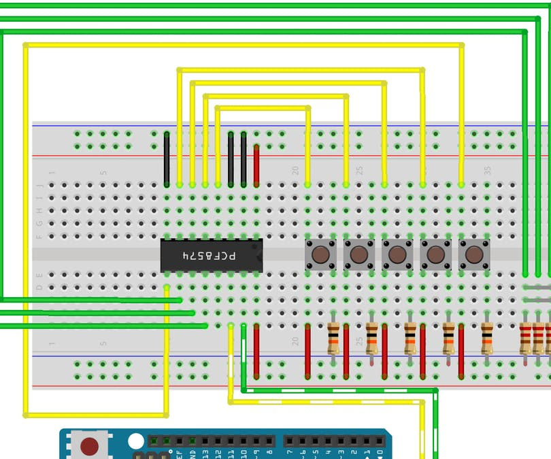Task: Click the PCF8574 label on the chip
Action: coord(210,256)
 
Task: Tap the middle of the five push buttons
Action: coord(397,254)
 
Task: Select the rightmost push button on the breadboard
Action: coord(473,254)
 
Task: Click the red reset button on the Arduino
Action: coord(89,446)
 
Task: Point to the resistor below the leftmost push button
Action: coord(333,338)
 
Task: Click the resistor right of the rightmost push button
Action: coord(487,338)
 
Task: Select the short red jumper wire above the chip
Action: coord(256,165)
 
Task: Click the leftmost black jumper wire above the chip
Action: coord(167,159)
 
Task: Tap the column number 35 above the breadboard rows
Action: coord(487,171)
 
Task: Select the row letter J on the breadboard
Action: coord(39,185)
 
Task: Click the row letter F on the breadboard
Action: coord(39,236)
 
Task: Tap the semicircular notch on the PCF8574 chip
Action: coord(259,255)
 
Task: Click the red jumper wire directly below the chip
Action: coord(256,351)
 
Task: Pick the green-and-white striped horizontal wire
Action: coord(340,391)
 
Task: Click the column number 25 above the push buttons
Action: coord(360,171)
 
